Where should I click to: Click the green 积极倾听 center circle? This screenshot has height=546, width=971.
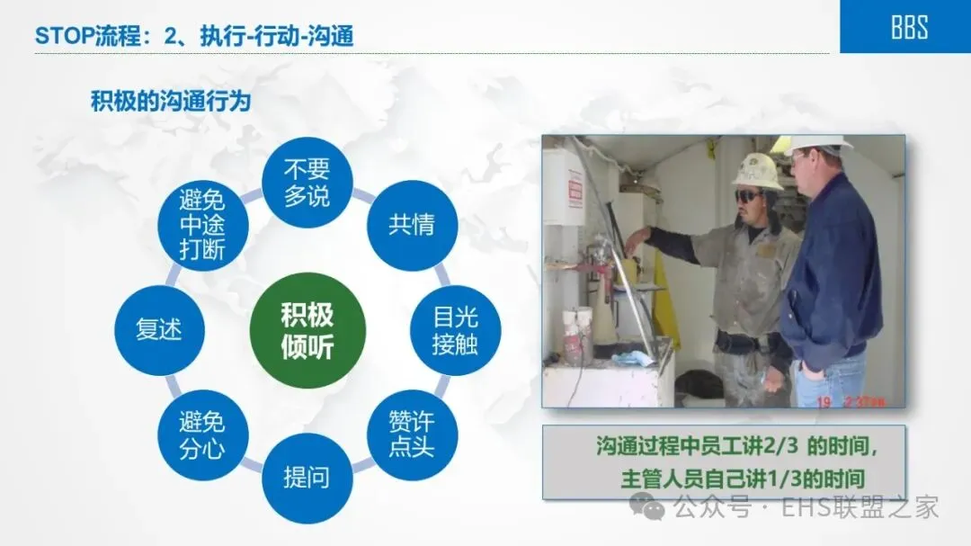307,330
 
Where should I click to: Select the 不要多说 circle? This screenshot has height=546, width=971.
307,183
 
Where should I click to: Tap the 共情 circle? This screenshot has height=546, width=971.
413,225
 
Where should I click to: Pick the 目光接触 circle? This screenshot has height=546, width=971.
456,330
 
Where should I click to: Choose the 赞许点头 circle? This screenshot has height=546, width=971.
413,434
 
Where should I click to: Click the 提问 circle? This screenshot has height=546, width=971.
307,479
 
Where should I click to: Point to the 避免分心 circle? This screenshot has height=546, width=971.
202,435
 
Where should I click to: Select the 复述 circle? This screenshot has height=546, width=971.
160,330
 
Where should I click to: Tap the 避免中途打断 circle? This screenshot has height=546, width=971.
202,225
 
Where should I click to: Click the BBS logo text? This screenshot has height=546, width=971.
909,28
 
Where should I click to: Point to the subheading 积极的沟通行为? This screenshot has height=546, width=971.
171,101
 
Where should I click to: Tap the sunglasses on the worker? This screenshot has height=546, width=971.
748,196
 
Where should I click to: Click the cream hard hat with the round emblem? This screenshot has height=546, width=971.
756,170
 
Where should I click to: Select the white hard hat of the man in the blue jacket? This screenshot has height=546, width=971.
816,145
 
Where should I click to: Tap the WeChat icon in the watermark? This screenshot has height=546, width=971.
647,507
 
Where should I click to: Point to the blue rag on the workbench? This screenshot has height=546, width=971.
630,358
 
